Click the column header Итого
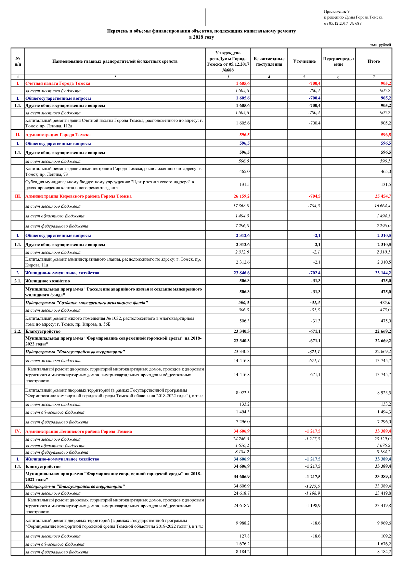(373, 61)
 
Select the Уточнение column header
(304, 61)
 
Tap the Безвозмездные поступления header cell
(269, 61)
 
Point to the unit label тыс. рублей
(380, 45)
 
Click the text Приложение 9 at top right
(336, 11)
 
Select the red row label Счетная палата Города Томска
(58, 84)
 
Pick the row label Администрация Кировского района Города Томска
(78, 196)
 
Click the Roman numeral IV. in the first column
(18, 431)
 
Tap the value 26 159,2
(241, 196)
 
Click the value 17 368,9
(241, 206)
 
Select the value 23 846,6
(241, 273)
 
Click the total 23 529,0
(383, 439)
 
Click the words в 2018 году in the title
(201, 37)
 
